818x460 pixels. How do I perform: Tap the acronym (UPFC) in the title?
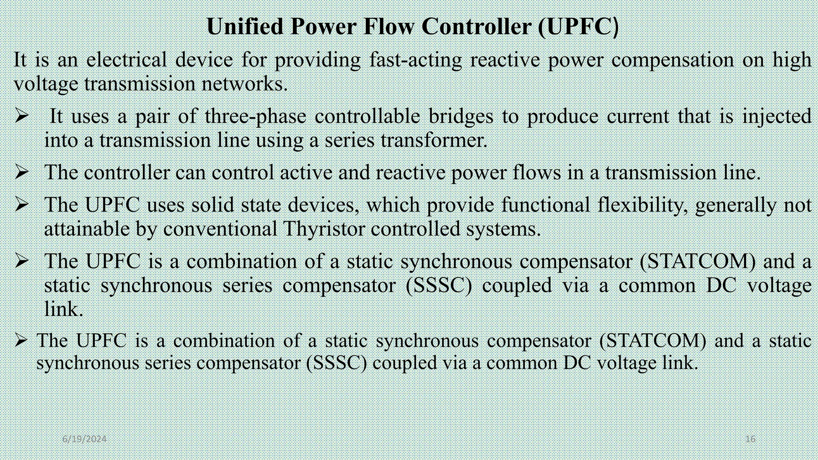[x=578, y=27]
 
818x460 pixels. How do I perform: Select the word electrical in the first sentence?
[x=126, y=60]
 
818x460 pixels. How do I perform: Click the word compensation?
[x=673, y=60]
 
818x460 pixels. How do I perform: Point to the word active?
[x=306, y=172]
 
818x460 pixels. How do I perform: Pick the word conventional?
[x=220, y=229]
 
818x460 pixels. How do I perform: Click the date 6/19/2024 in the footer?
[x=84, y=439]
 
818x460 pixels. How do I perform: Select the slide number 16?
[x=750, y=439]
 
